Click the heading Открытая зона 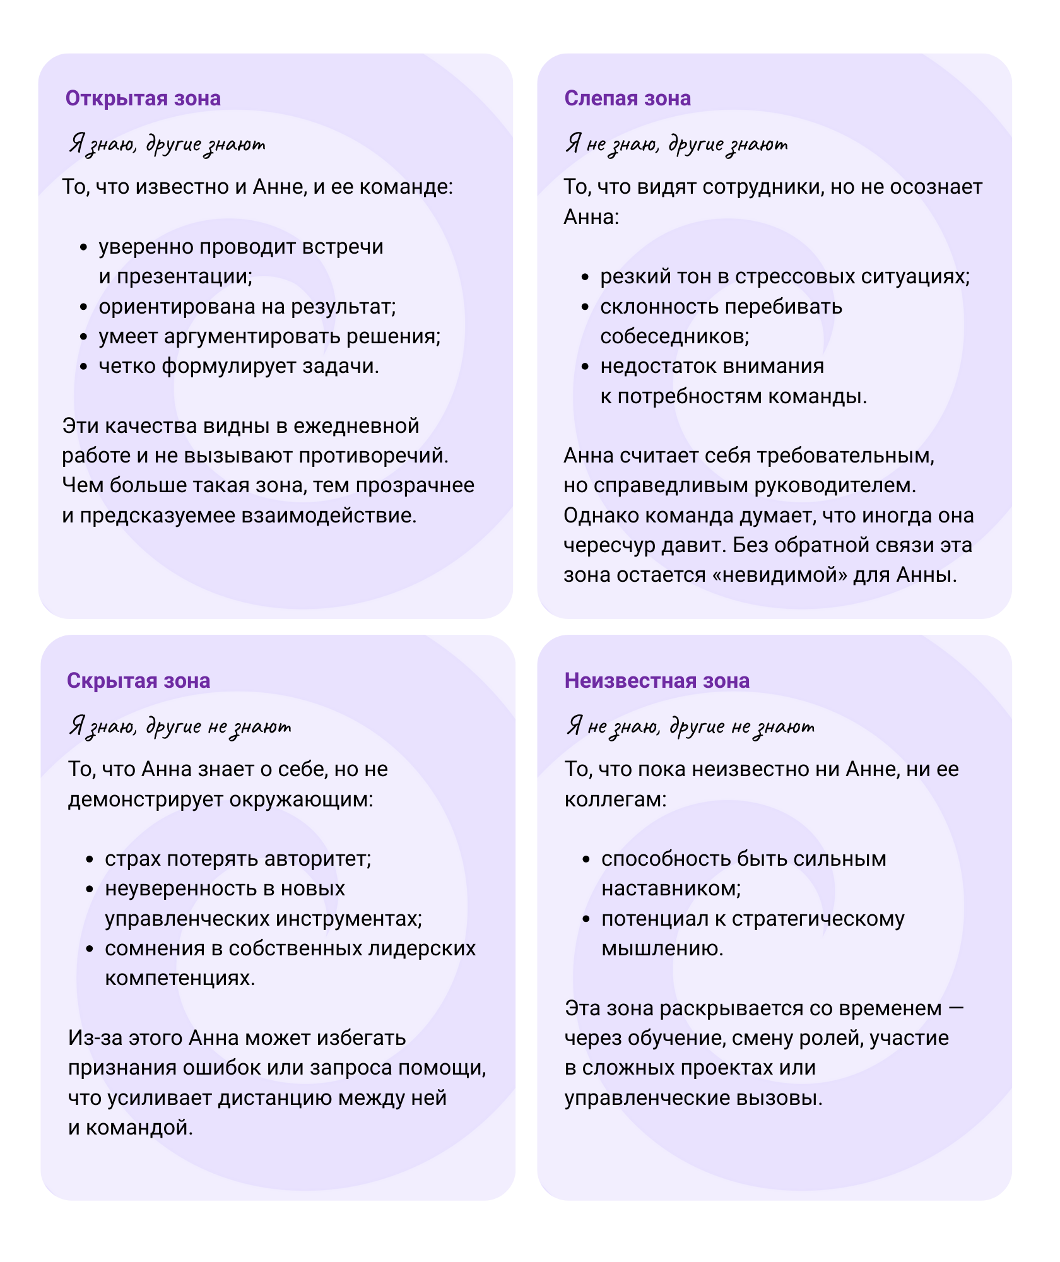pyautogui.click(x=143, y=98)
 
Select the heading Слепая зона pyautogui.click(x=627, y=98)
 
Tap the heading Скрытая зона pyautogui.click(x=138, y=680)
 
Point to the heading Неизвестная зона pyautogui.click(x=657, y=680)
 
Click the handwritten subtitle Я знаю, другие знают pyautogui.click(x=167, y=144)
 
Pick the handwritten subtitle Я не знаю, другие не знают pyautogui.click(x=690, y=726)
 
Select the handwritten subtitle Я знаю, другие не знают pyautogui.click(x=180, y=726)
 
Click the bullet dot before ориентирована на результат pyautogui.click(x=83, y=307)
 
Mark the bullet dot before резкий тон pyautogui.click(x=585, y=278)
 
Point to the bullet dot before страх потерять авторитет pyautogui.click(x=90, y=859)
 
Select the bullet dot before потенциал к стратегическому pyautogui.click(x=586, y=919)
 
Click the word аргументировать pyautogui.click(x=244, y=336)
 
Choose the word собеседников pyautogui.click(x=674, y=336)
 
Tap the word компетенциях pyautogui.click(x=180, y=978)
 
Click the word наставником pyautogui.click(x=671, y=888)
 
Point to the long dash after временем pyautogui.click(x=956, y=1008)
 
